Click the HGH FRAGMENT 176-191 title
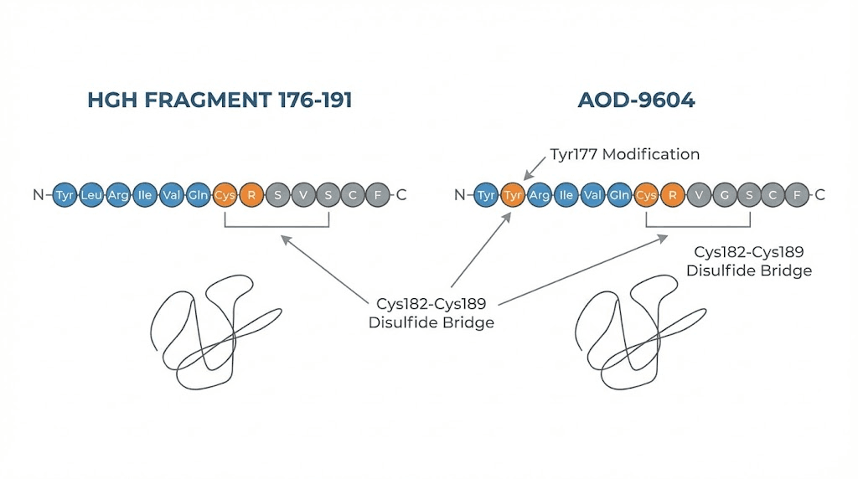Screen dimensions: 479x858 coord(220,100)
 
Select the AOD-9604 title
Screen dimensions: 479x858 coord(636,100)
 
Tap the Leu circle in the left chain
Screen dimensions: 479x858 coord(92,195)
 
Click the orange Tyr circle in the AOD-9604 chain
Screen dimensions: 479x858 coord(513,195)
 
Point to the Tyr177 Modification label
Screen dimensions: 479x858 coord(624,154)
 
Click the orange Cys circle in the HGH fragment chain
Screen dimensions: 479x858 coord(225,195)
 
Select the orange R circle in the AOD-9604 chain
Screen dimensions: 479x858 coord(672,195)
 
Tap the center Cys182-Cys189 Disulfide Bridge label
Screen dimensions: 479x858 coord(432,312)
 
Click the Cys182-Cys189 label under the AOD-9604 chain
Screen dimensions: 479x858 coord(748,260)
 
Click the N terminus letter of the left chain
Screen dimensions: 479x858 coord(38,195)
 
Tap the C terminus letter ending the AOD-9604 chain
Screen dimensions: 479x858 coord(820,195)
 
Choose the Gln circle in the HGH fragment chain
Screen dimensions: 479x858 coord(198,195)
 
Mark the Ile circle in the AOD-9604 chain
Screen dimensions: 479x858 coord(566,195)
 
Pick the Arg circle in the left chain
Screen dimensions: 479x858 coord(118,195)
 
